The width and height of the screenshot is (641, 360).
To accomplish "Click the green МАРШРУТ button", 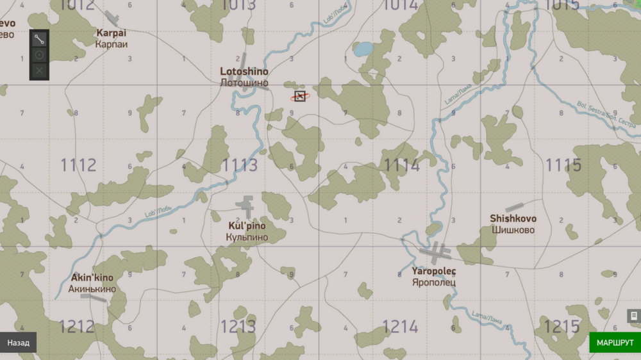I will tap(615, 343).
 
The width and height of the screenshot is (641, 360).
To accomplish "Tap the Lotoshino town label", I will tap(244, 72).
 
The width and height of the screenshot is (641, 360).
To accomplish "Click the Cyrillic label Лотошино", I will tap(244, 83).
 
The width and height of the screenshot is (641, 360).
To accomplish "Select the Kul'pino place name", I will tap(247, 226).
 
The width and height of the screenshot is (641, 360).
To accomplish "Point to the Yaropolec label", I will tap(434, 271).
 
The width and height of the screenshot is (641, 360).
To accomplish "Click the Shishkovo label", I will tap(513, 218).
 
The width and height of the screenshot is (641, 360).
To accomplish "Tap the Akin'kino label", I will tap(92, 278).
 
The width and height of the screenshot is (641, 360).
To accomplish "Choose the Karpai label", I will tap(112, 33).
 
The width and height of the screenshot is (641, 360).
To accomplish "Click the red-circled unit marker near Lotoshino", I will tap(300, 96).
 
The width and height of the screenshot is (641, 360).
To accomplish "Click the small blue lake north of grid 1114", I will tap(363, 49).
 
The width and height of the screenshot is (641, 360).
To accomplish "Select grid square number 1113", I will tap(240, 165).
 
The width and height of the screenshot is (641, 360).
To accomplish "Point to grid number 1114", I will tap(402, 165).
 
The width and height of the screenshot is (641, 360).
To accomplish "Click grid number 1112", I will tap(78, 165).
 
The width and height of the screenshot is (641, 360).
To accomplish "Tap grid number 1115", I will tap(563, 165).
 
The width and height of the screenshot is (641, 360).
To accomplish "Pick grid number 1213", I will tap(238, 327).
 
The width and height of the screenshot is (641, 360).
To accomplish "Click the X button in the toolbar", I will tap(39, 70).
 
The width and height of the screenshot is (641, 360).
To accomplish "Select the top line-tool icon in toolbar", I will tap(39, 38).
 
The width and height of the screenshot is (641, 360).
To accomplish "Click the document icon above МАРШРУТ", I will tap(633, 316).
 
